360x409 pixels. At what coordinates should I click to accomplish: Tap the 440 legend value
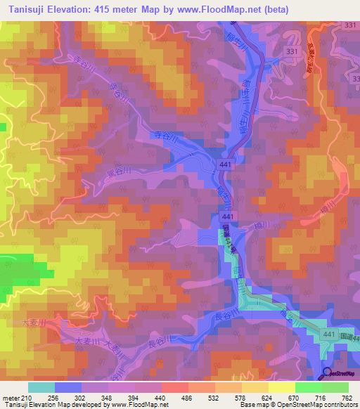click(162, 397)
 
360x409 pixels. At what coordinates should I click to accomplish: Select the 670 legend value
click(295, 397)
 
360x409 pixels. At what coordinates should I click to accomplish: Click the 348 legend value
click(108, 397)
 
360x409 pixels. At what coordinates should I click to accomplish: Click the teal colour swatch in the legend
click(41, 387)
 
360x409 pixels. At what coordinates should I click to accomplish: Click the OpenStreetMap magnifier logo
click(327, 373)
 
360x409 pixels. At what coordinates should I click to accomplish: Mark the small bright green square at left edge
click(2, 127)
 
